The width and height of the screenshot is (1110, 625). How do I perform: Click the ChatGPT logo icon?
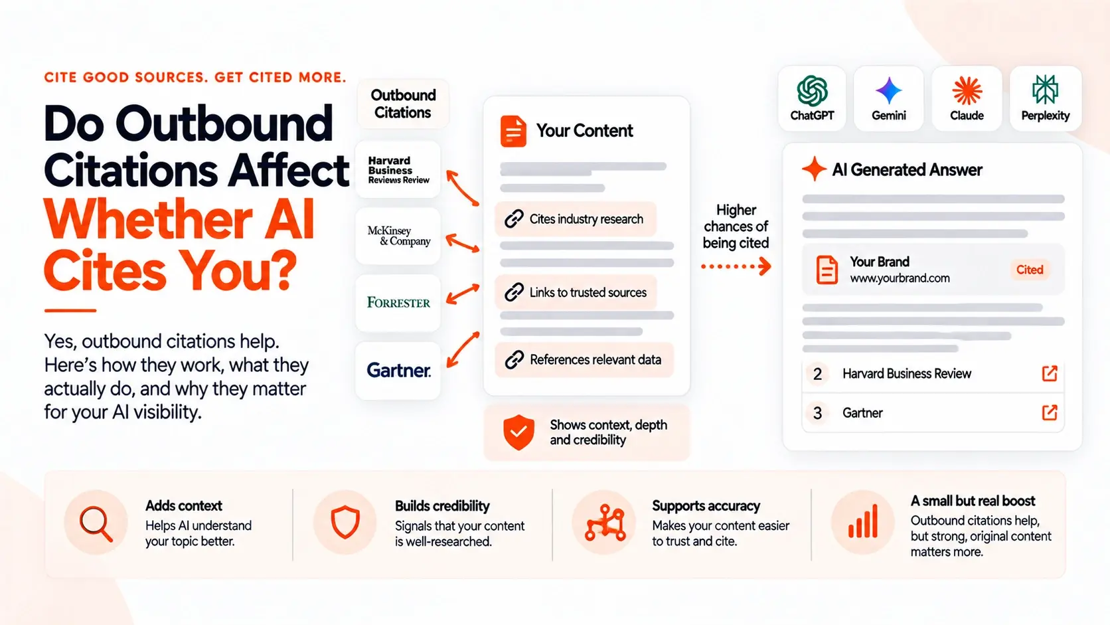click(812, 91)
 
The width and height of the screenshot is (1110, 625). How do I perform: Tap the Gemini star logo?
click(888, 91)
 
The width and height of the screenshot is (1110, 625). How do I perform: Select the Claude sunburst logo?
click(967, 91)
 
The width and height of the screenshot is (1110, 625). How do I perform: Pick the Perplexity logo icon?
click(1045, 90)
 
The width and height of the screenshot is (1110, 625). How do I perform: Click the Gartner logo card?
click(398, 370)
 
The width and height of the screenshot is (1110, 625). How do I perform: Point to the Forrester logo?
click(398, 302)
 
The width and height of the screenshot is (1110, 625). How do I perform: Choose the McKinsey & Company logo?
click(399, 236)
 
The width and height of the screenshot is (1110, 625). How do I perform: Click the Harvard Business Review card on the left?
click(398, 170)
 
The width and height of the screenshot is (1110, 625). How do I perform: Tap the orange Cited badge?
click(1029, 270)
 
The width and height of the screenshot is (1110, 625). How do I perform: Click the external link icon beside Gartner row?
click(1050, 412)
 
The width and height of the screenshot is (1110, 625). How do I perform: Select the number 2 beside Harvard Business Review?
click(817, 374)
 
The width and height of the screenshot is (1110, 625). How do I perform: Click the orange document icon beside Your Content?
click(513, 131)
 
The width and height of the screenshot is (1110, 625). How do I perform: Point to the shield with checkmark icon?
click(518, 432)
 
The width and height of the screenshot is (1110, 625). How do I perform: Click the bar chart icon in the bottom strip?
click(863, 521)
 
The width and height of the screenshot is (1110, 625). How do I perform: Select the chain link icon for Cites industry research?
click(514, 219)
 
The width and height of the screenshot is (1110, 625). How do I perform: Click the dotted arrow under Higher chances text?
click(736, 266)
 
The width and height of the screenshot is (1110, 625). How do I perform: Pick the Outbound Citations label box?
click(403, 104)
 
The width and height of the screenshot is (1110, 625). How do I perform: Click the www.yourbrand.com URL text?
click(900, 278)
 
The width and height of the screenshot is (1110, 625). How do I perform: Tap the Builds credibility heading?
click(442, 506)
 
